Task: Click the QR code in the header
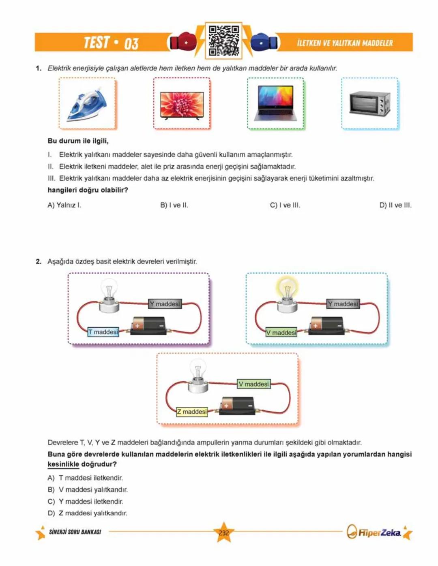[223, 41]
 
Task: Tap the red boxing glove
[183, 42]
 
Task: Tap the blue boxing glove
[264, 42]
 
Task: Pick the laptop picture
[275, 104]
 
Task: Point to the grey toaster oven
[369, 103]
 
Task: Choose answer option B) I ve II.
[174, 205]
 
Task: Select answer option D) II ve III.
[395, 205]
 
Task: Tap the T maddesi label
[103, 332]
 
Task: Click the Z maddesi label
[192, 412]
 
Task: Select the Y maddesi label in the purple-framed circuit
[165, 304]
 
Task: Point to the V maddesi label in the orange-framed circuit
[254, 384]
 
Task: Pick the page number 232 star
[223, 532]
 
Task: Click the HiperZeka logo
[374, 532]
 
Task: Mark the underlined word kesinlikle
[63, 464]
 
